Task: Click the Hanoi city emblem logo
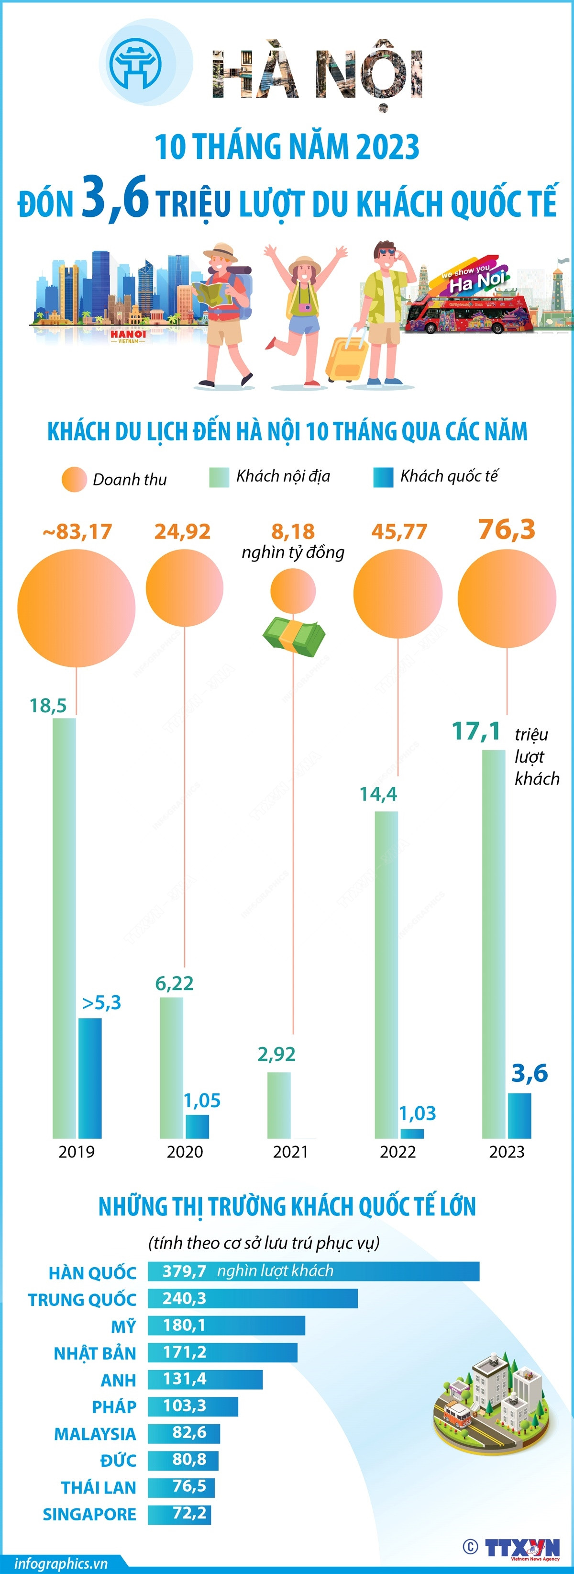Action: (135, 64)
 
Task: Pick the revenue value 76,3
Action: (507, 529)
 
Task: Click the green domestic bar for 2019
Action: (64, 929)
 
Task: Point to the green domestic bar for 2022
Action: (386, 975)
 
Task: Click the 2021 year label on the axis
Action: (291, 1152)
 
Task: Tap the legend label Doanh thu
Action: (130, 480)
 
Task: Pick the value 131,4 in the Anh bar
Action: (185, 1379)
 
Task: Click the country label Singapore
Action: (89, 1514)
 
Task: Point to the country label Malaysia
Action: (95, 1433)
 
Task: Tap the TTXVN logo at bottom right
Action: (522, 1547)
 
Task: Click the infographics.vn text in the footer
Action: (61, 1563)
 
